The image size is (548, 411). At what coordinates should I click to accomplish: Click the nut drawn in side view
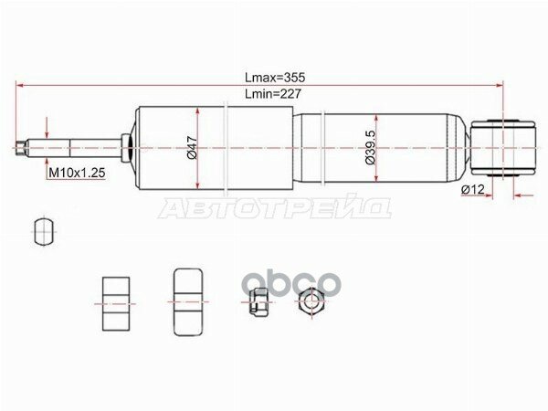(258, 301)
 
